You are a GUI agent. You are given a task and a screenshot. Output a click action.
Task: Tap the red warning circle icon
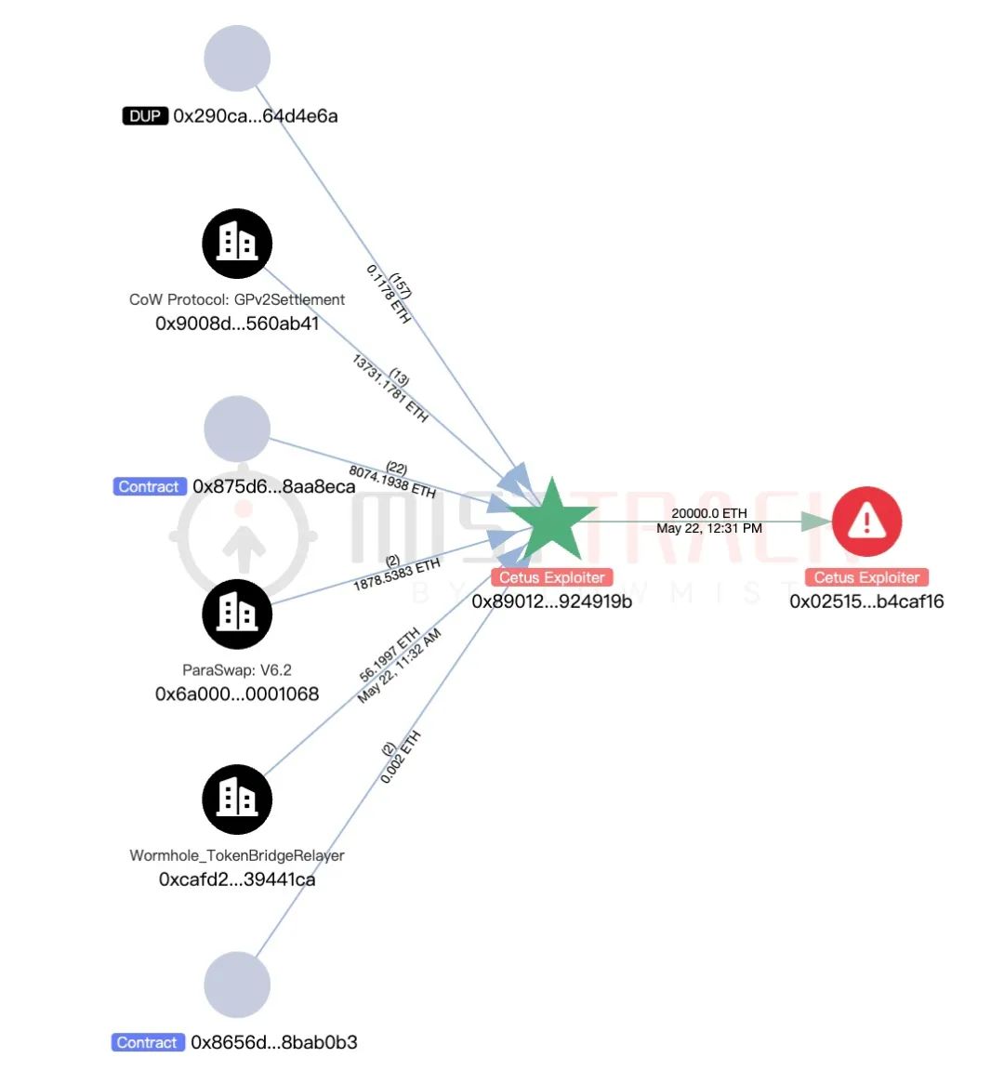[x=866, y=521]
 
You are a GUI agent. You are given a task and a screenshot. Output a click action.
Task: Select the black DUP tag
[x=145, y=116]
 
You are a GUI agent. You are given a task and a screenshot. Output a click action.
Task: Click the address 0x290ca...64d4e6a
[x=256, y=116]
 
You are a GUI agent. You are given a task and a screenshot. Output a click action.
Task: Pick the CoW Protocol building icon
[x=237, y=244]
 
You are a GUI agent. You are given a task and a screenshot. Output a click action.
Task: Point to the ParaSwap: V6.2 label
[x=237, y=669]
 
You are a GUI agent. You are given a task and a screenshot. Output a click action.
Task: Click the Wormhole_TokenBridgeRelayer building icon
[x=237, y=800]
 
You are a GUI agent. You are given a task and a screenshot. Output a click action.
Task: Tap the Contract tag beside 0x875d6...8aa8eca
[x=149, y=486]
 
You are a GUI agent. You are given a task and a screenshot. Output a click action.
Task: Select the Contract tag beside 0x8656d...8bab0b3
[x=147, y=1042]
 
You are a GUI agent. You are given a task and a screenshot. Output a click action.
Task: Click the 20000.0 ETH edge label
[x=709, y=513]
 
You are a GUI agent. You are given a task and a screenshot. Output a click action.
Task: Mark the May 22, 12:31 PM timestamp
[x=709, y=528]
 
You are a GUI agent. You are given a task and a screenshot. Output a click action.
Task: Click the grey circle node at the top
[x=237, y=59]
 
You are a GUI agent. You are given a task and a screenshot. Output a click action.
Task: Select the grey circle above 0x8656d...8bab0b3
[x=237, y=985]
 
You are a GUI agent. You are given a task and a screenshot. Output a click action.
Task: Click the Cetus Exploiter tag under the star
[x=552, y=577]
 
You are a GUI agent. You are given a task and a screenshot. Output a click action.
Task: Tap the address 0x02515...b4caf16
[x=866, y=601]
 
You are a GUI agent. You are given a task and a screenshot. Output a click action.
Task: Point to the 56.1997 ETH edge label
[x=390, y=655]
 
